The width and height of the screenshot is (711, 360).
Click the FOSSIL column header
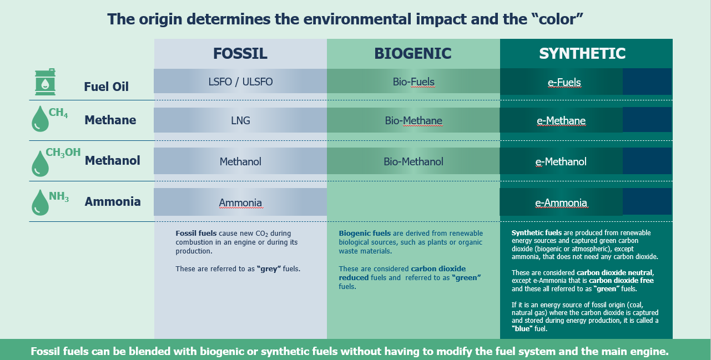tap(240, 53)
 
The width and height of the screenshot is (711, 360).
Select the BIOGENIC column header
tap(412, 53)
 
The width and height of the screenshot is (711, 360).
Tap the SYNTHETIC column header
tap(582, 53)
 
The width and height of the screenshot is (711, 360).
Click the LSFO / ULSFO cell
tap(240, 82)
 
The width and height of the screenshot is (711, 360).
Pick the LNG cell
tap(240, 120)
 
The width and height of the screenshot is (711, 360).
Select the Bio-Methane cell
tap(414, 120)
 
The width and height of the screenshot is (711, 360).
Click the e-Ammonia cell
tap(561, 203)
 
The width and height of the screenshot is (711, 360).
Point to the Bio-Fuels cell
tap(414, 82)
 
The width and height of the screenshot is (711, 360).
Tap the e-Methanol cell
tap(561, 162)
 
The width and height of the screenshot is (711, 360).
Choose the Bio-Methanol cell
tap(414, 162)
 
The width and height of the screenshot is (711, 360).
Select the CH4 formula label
tap(58, 113)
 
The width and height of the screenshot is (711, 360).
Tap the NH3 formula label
tap(59, 196)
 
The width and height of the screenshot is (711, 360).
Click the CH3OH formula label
tap(63, 153)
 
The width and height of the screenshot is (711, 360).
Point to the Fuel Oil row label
tap(106, 87)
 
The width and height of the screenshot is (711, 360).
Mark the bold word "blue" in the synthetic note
tap(522, 328)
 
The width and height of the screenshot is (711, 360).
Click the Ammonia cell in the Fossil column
tap(240, 203)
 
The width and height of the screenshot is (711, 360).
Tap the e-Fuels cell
tap(564, 82)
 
